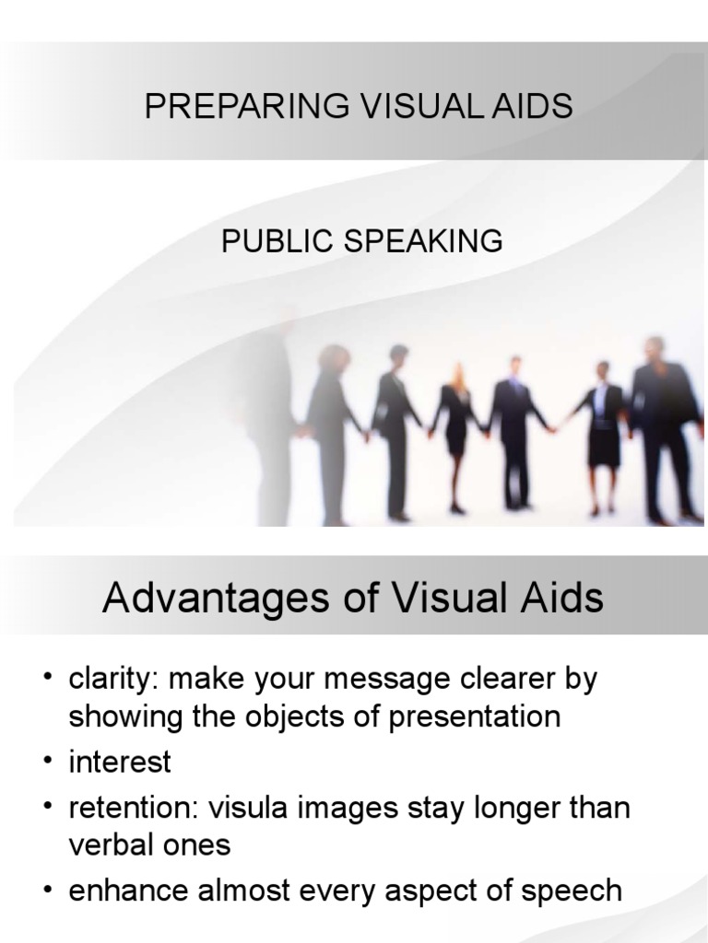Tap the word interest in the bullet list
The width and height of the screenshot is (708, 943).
(120, 763)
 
